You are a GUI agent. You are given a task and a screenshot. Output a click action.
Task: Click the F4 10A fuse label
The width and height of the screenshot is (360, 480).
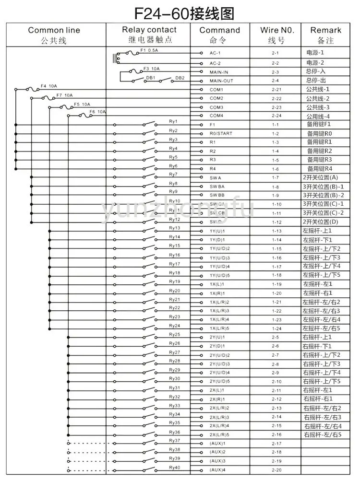(49, 86)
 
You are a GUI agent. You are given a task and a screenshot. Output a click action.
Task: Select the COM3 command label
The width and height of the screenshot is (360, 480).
(216, 107)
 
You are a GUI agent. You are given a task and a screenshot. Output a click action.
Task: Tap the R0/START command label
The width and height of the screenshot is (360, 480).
(221, 134)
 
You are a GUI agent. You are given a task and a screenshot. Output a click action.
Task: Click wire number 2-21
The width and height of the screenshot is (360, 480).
(276, 90)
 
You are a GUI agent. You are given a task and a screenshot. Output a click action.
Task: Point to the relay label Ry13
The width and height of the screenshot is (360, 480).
(175, 228)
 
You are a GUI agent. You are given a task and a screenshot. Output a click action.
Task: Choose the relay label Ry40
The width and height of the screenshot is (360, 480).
(175, 467)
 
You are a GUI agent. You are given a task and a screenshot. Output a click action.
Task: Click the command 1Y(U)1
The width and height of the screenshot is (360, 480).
(217, 231)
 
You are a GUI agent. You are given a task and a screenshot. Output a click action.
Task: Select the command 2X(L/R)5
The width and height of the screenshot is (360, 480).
(220, 434)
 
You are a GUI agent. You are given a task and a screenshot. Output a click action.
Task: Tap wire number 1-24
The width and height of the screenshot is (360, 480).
(276, 328)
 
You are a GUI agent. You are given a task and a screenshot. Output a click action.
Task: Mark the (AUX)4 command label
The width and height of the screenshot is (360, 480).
(217, 470)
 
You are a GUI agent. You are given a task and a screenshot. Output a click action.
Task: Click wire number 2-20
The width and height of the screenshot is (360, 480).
(276, 470)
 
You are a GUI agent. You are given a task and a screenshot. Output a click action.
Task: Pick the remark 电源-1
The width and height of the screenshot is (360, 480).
(315, 53)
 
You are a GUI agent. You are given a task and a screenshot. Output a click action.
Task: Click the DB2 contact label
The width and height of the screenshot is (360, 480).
(180, 78)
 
